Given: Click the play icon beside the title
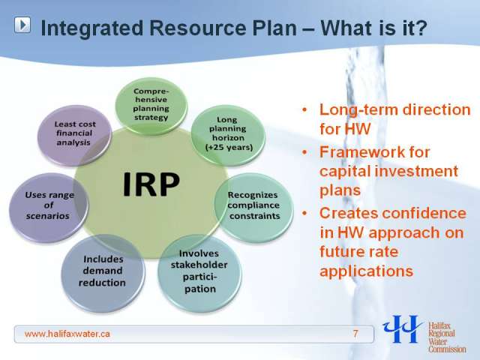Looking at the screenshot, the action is pyautogui.click(x=22, y=25).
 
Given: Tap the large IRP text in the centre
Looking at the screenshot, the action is pyautogui.click(x=151, y=184).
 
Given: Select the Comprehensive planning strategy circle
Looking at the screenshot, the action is pyautogui.click(x=151, y=105).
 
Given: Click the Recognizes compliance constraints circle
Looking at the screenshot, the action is pyautogui.click(x=253, y=205).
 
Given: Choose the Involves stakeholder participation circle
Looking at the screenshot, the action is pyautogui.click(x=199, y=271).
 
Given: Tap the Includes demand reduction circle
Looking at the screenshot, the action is pyautogui.click(x=103, y=271).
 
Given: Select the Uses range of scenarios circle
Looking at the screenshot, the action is pyautogui.click(x=49, y=205).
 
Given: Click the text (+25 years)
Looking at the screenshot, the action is pyautogui.click(x=229, y=147).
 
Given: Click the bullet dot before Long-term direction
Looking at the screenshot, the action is pyautogui.click(x=304, y=109).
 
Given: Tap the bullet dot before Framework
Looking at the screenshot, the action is pyautogui.click(x=304, y=152).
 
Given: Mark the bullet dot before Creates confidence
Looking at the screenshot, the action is pyautogui.click(x=304, y=213).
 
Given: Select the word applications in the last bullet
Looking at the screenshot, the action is pyautogui.click(x=367, y=271).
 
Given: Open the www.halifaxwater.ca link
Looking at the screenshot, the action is pyautogui.click(x=67, y=333).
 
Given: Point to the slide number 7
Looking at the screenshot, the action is pyautogui.click(x=355, y=333).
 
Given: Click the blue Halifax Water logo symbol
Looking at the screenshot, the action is pyautogui.click(x=403, y=329).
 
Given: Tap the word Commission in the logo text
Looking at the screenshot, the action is pyautogui.click(x=447, y=349).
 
